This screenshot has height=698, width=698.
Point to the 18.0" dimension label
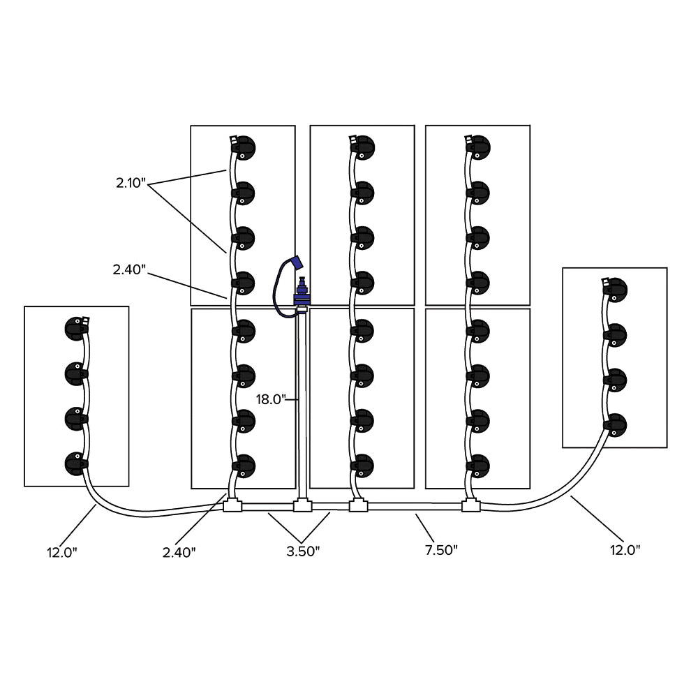[270, 399]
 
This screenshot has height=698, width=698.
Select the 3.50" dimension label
[303, 551]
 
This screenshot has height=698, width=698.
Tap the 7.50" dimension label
[441, 549]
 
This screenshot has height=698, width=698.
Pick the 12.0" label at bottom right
[624, 549]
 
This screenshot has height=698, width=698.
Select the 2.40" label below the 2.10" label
[130, 269]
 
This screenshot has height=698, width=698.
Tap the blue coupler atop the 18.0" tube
[302, 293]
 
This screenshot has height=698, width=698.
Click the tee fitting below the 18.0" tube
[302, 505]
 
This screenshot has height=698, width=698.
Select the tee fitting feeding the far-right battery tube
[472, 505]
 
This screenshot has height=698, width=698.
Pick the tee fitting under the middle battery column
[358, 505]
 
